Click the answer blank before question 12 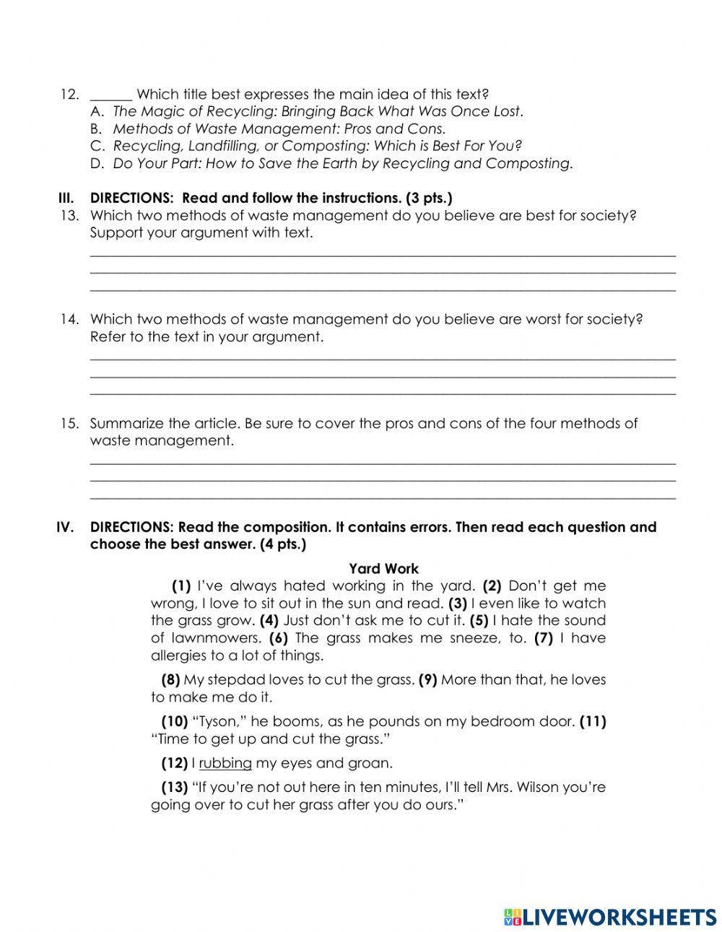pos(110,95)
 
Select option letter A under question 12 pos(97,112)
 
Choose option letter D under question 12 pos(97,164)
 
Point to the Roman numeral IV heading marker pos(65,528)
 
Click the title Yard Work pos(383,569)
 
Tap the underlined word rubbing pos(225,763)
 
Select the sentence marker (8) pos(170,680)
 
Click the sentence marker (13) pos(174,788)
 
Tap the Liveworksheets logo pos(610,916)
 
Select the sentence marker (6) pos(279,638)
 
